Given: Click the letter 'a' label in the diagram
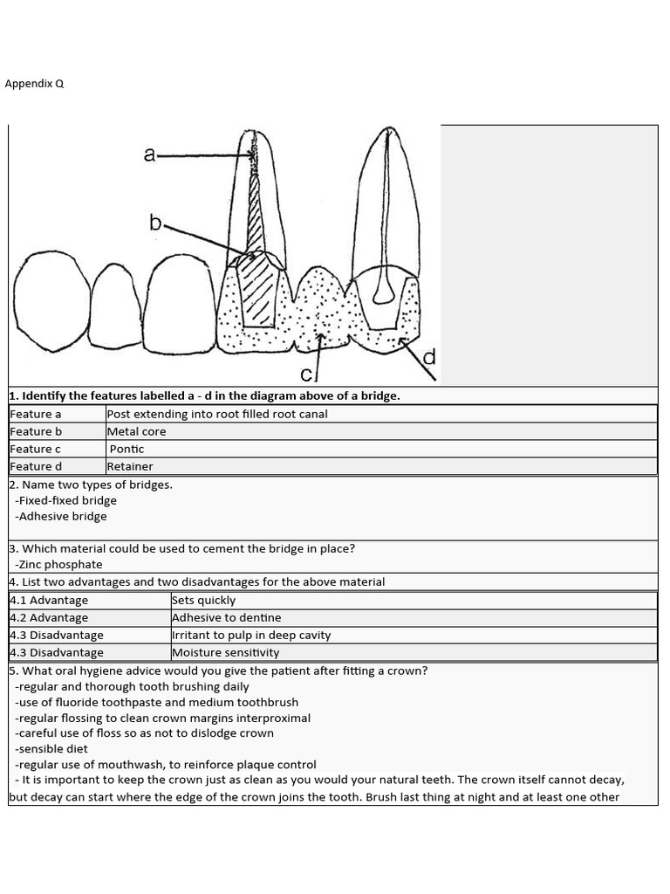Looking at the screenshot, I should (150, 155).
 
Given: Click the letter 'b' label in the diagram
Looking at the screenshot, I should (155, 223).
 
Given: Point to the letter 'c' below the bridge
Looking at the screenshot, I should (306, 375).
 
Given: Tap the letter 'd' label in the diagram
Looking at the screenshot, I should (429, 358).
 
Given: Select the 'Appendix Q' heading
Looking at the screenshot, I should (34, 84).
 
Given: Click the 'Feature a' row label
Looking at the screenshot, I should (36, 414).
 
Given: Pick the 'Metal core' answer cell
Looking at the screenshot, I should (136, 431).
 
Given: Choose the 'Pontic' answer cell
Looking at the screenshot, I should (126, 449).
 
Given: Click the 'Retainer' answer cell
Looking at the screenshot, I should (130, 466).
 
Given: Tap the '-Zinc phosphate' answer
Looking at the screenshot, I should (58, 565).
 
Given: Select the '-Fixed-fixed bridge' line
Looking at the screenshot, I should (65, 500).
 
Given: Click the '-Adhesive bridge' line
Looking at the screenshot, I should (61, 516).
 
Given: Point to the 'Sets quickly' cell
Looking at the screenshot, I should (204, 601).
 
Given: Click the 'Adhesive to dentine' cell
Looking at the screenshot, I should (227, 618).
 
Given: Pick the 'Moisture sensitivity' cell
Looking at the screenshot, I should (226, 652).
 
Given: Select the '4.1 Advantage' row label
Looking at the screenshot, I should (49, 601).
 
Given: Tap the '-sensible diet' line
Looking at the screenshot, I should (51, 748).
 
